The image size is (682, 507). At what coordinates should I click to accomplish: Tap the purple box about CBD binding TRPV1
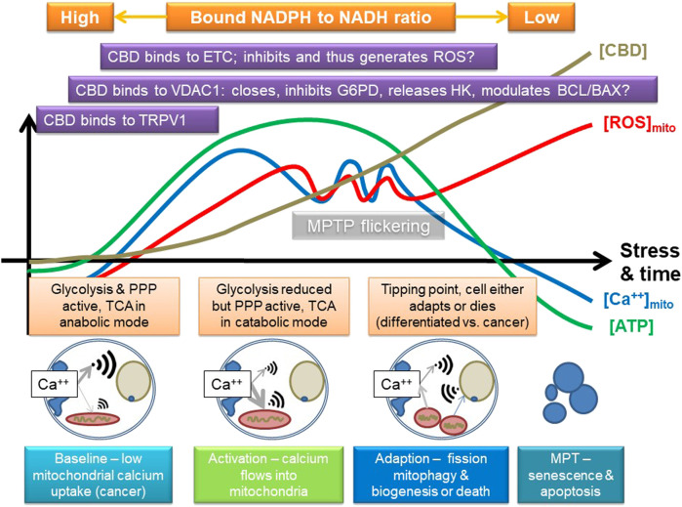point(125,120)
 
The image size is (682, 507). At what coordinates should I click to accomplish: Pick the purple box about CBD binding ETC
point(297,56)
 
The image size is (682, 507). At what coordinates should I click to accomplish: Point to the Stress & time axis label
point(647,261)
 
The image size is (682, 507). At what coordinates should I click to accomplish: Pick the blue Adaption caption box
point(434,472)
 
